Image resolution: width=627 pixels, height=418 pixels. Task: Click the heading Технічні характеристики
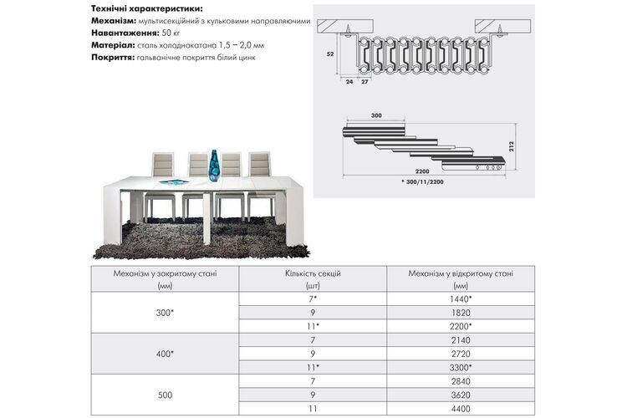coord(147,8)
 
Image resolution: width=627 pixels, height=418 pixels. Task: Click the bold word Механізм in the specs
coord(114,21)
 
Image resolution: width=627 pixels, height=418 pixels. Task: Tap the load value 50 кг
coord(171,33)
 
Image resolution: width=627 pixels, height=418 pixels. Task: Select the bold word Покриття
coord(113,57)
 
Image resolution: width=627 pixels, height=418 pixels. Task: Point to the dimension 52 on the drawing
coord(330,54)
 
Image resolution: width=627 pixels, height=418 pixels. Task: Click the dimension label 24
coord(349,82)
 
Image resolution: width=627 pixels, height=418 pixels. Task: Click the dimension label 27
coord(364,82)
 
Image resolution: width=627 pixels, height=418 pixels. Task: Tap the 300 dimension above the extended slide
coord(376,115)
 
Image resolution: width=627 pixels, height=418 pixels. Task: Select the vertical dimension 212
coord(512,146)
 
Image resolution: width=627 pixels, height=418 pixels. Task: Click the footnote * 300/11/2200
coord(422,181)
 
